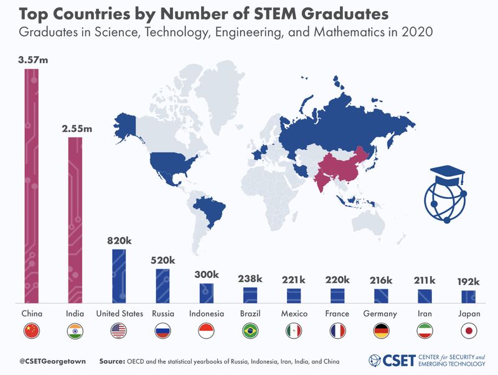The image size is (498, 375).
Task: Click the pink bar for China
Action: coord(32,186)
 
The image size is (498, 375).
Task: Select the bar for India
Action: coord(75,220)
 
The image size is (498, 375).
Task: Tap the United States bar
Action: coord(119,276)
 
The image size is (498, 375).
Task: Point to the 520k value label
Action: coord(162,261)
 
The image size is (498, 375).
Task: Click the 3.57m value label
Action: coord(33,60)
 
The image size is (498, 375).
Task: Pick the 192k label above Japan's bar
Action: coord(469,282)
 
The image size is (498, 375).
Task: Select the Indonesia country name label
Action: coord(207,314)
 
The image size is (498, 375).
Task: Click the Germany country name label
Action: coord(380,314)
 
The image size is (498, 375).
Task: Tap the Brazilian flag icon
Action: coord(250,331)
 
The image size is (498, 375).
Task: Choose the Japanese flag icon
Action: coord(469,331)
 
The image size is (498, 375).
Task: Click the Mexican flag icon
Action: coord(294,331)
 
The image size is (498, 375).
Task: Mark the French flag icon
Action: coord(337,331)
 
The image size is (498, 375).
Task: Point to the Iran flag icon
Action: coord(425,331)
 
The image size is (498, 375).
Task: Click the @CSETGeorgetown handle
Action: coord(52,361)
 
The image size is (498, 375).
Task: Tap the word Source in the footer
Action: coord(111,361)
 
